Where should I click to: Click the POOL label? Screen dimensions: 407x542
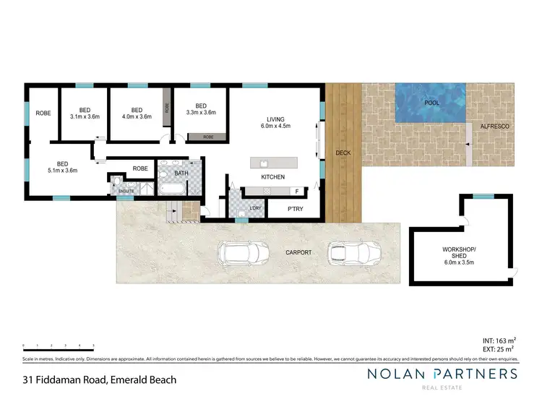click(x=432, y=103)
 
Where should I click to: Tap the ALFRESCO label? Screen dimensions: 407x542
click(x=494, y=127)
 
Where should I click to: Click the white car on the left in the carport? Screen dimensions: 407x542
click(x=244, y=253)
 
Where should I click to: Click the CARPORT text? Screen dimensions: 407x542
click(x=298, y=252)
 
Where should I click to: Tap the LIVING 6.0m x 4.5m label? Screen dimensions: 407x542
click(x=278, y=124)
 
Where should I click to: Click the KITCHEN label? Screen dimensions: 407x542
click(x=272, y=177)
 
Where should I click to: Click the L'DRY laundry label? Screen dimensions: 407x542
click(x=255, y=209)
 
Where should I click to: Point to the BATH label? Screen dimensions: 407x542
click(x=181, y=173)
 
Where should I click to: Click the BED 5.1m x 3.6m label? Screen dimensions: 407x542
click(x=62, y=167)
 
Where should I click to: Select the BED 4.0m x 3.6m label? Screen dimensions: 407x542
click(x=137, y=112)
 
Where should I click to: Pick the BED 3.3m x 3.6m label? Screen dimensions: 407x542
click(x=201, y=108)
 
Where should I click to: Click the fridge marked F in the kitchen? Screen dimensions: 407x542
click(x=296, y=191)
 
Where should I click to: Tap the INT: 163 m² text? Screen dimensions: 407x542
click(x=499, y=339)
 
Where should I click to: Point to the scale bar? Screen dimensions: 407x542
click(x=59, y=346)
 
